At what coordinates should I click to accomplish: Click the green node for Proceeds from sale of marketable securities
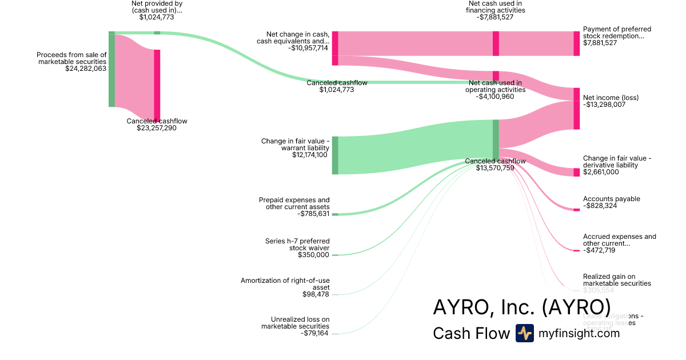(x=111, y=69)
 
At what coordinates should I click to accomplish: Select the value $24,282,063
(x=86, y=69)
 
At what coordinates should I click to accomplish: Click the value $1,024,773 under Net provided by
(x=157, y=17)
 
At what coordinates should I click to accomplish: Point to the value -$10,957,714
(x=308, y=48)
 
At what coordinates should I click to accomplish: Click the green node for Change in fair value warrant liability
(x=335, y=155)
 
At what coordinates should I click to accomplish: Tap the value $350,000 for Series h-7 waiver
(x=313, y=255)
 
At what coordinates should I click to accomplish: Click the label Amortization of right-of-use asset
(x=285, y=284)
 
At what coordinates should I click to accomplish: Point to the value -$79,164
(x=314, y=333)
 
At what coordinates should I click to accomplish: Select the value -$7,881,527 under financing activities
(x=495, y=17)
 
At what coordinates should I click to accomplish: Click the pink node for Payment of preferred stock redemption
(x=576, y=43)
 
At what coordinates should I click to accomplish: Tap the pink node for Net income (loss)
(x=576, y=109)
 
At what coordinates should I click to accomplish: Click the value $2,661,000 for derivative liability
(x=601, y=172)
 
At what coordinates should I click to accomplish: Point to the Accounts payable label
(x=611, y=199)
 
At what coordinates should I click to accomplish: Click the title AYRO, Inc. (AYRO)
(x=521, y=307)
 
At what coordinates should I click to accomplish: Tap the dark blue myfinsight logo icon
(x=524, y=333)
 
